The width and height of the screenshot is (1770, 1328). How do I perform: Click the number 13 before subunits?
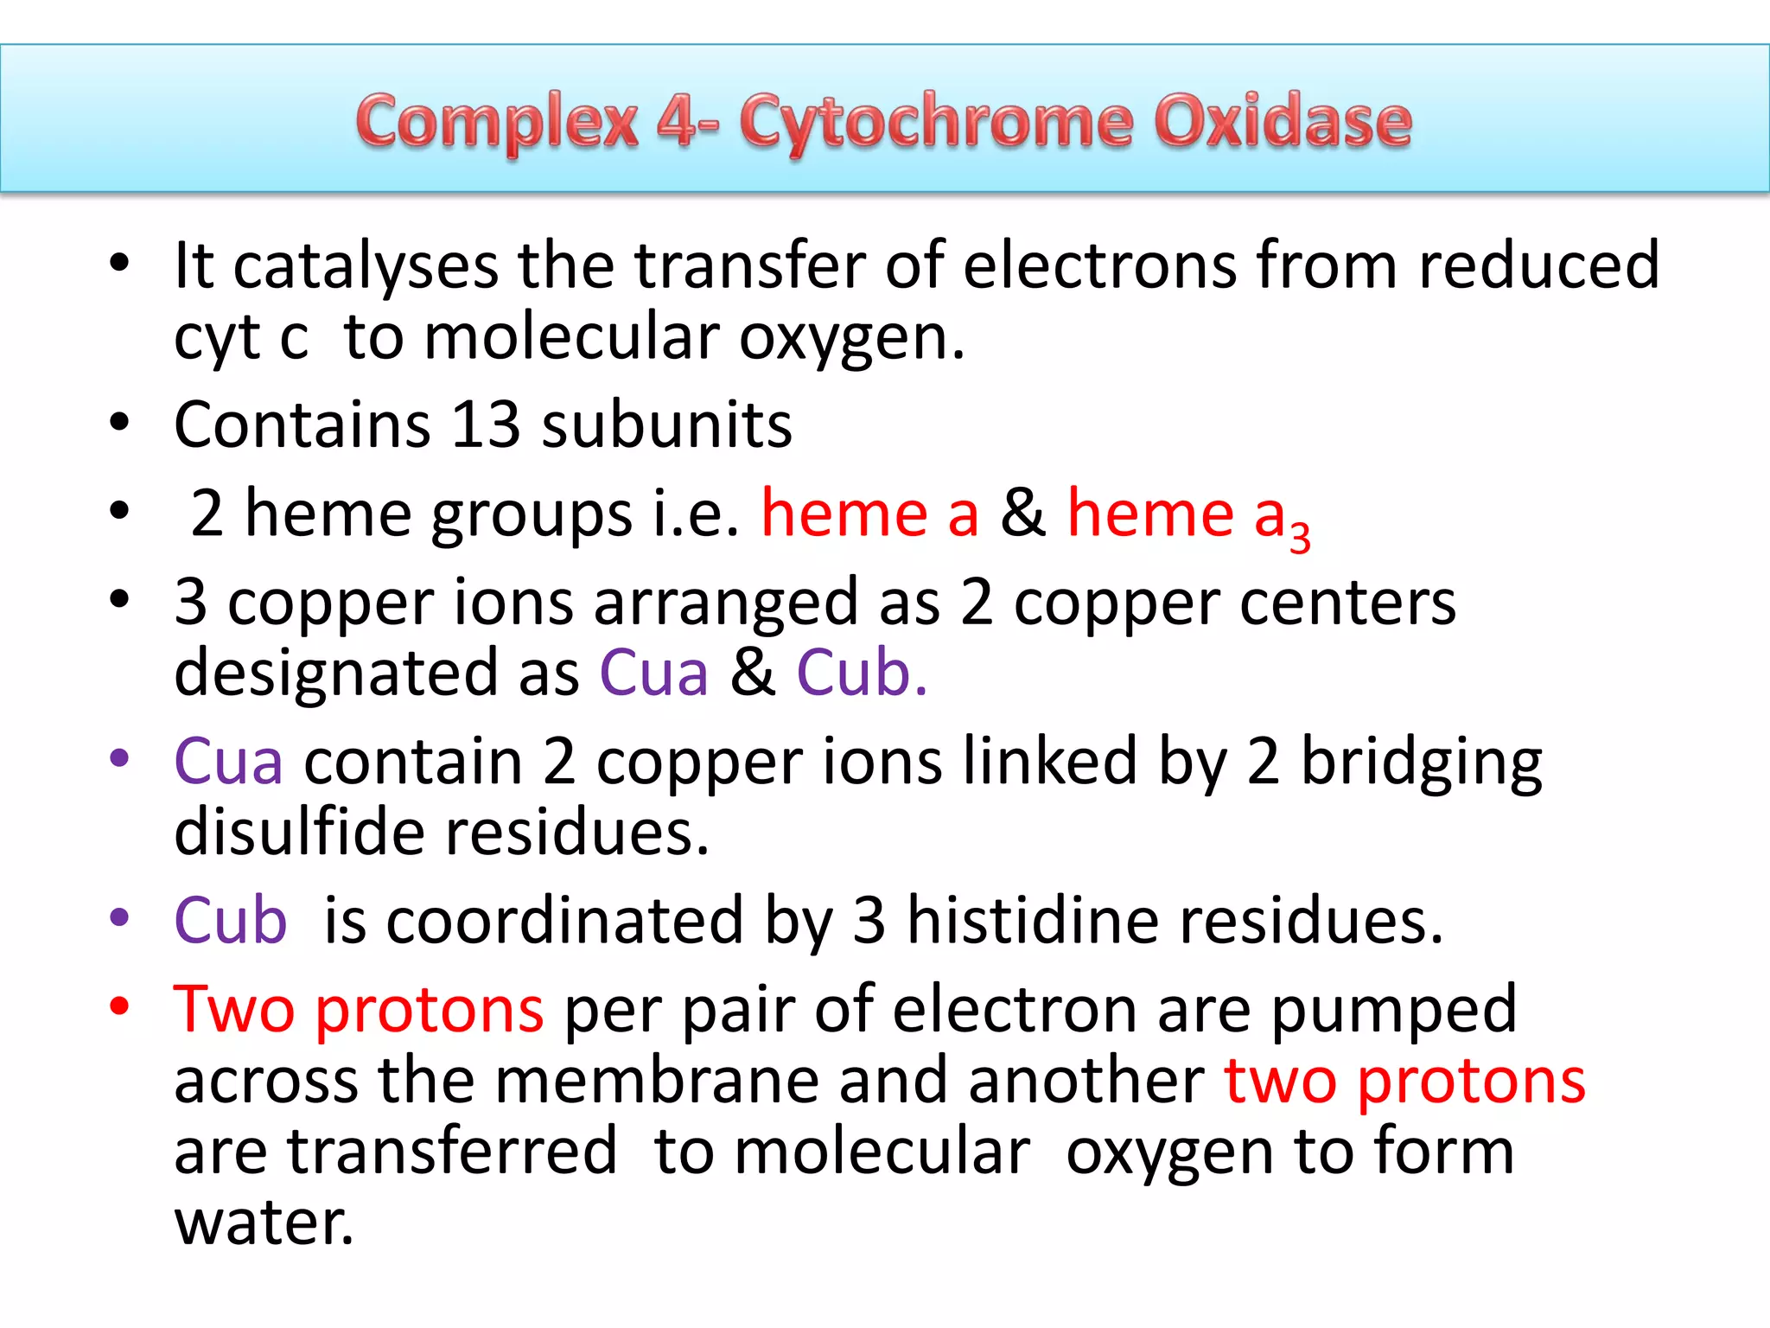486,425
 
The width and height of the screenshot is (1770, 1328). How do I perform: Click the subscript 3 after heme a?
1299,536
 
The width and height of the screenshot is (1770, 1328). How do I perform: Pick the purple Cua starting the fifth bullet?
228,761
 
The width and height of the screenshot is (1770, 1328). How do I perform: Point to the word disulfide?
299,832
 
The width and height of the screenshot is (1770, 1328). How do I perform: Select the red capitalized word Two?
233,1008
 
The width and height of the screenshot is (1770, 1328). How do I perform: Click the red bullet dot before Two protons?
119,1006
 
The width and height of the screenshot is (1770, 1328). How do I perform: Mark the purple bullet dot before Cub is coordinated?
119,917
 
